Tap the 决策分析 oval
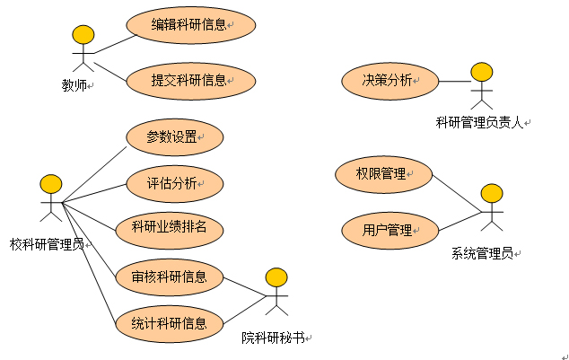click(390, 81)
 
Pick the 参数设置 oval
click(172, 138)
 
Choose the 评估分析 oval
click(172, 184)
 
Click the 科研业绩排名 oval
click(169, 227)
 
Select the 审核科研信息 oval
click(169, 277)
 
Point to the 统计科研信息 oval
click(169, 322)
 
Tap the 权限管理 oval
click(382, 173)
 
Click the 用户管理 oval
click(388, 230)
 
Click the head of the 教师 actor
click(83, 35)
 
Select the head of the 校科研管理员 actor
click(51, 184)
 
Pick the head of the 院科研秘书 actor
click(277, 277)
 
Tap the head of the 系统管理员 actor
click(492, 193)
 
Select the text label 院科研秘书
click(272, 338)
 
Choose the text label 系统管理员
click(482, 254)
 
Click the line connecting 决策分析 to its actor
click(453, 81)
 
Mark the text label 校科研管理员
click(47, 243)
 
